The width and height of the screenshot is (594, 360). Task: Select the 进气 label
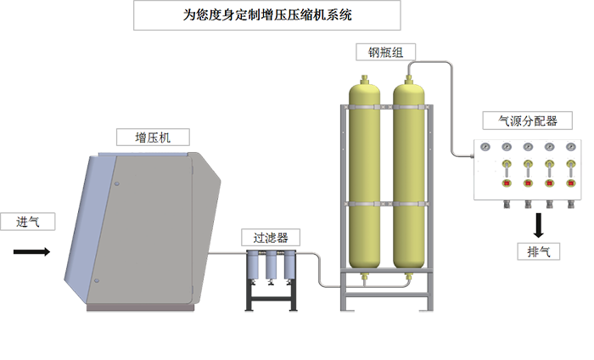28,222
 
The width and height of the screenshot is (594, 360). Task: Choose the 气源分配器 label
527,121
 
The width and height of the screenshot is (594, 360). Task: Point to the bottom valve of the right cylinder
409,278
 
